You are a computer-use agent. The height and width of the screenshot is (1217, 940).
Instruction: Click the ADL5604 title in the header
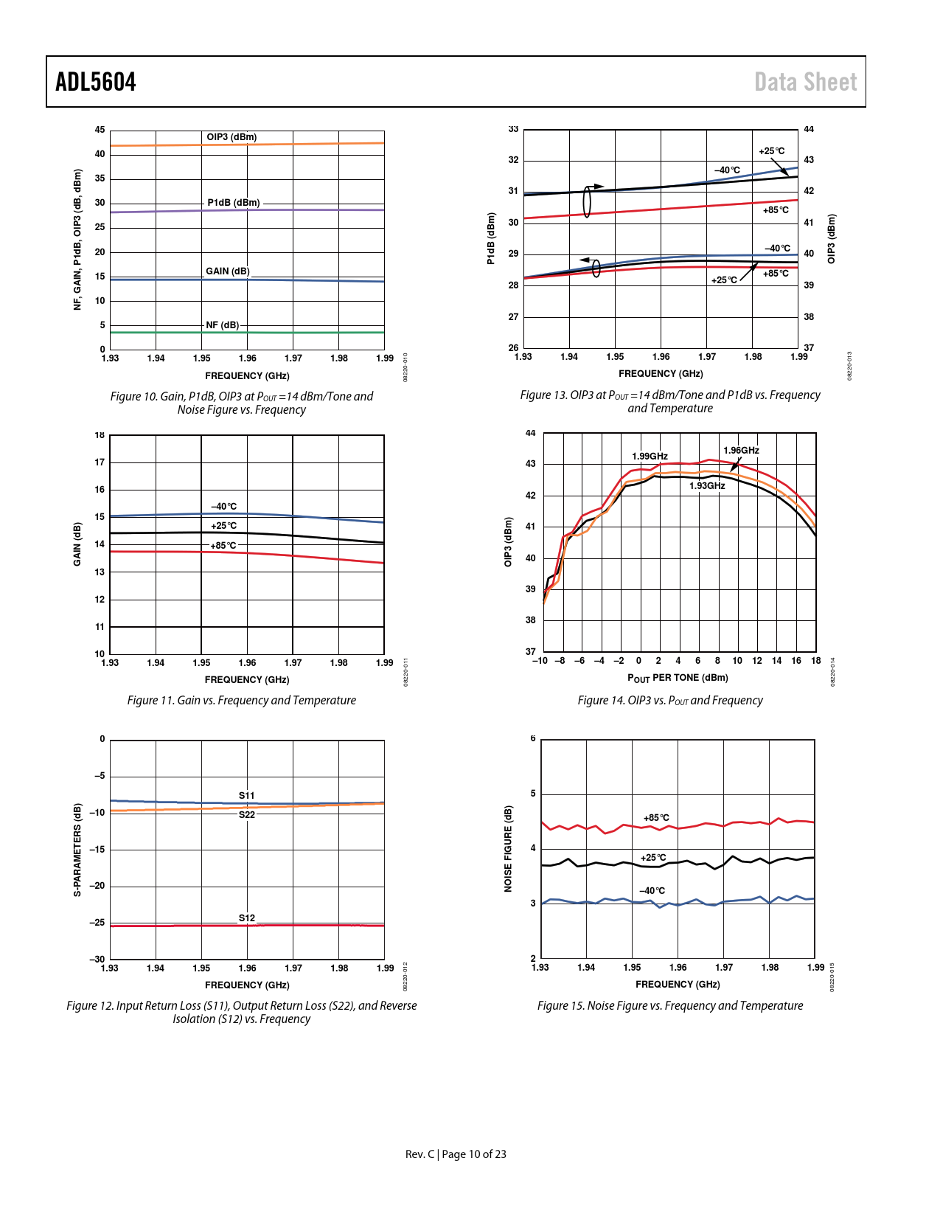click(x=96, y=82)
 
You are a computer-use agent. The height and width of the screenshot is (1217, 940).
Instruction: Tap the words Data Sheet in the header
click(x=805, y=82)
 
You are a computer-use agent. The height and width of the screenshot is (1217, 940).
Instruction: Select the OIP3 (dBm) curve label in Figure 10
click(x=231, y=137)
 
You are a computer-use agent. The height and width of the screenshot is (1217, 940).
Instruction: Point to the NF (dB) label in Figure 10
click(x=222, y=325)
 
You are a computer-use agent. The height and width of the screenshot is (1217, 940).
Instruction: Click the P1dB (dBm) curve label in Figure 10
click(x=233, y=203)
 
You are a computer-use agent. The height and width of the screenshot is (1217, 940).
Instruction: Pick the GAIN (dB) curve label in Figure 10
click(x=227, y=271)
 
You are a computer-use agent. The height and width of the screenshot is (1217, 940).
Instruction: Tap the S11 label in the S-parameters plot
click(x=246, y=796)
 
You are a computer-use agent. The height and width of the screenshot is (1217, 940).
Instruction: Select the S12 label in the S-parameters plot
click(x=246, y=918)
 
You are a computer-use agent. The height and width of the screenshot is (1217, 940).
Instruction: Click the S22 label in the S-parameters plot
click(x=246, y=815)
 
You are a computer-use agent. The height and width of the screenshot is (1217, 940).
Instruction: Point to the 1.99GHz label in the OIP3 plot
click(x=650, y=457)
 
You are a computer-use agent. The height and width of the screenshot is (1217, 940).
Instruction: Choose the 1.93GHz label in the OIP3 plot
click(x=707, y=486)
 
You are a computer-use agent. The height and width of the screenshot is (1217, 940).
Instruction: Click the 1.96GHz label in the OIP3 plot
click(x=741, y=451)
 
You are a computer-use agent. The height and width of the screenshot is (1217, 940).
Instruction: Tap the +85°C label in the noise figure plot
click(x=656, y=818)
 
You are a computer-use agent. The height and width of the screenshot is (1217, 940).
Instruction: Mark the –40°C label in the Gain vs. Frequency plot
click(x=224, y=507)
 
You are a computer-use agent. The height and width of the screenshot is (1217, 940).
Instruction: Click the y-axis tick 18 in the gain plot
click(x=100, y=435)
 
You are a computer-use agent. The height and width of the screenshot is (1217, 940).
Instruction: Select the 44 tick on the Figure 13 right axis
click(x=809, y=130)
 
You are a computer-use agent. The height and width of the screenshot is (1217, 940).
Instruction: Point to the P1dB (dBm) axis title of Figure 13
click(x=490, y=238)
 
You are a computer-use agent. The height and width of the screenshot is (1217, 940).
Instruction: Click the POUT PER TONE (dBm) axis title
click(x=678, y=678)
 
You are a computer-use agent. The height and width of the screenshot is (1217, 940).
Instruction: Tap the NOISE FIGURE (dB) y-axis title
click(x=508, y=849)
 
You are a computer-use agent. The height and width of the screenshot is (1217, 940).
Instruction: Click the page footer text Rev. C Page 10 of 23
click(x=456, y=1154)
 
